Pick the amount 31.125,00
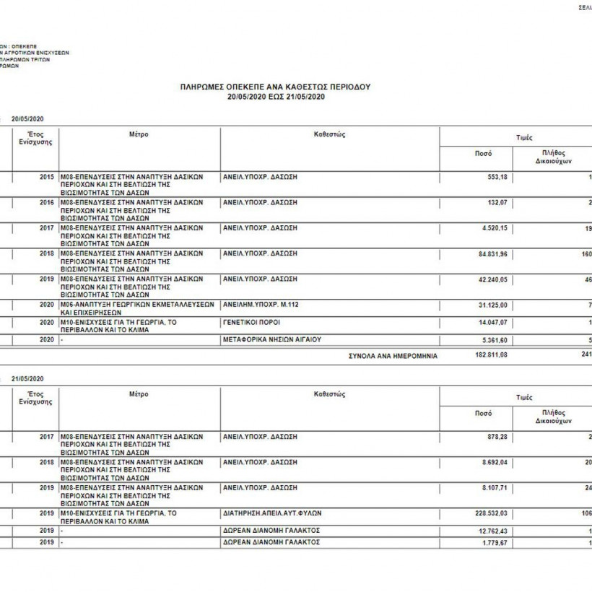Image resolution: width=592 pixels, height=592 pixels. pos(491,305)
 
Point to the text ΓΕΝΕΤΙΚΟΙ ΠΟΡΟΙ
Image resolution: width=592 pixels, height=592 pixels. pos(251,321)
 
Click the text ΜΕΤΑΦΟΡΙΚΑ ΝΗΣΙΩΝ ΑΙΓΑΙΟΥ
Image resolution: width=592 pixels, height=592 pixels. pos(271,339)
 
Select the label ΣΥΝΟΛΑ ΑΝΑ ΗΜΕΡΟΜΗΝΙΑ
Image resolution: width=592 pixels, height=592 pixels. pos(393,356)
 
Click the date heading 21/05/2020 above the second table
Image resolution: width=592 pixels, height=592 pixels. pos(29,379)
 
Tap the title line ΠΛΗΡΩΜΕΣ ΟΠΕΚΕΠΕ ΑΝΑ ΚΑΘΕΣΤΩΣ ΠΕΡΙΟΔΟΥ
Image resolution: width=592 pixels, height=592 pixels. pos(274,87)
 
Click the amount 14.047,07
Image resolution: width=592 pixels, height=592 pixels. pos(491,321)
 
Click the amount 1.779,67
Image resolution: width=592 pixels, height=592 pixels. pos(495,541)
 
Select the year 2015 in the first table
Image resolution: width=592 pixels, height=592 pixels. pos(47,177)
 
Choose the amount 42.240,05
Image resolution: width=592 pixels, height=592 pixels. pos(491,279)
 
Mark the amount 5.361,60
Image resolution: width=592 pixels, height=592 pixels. pos(494,339)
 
